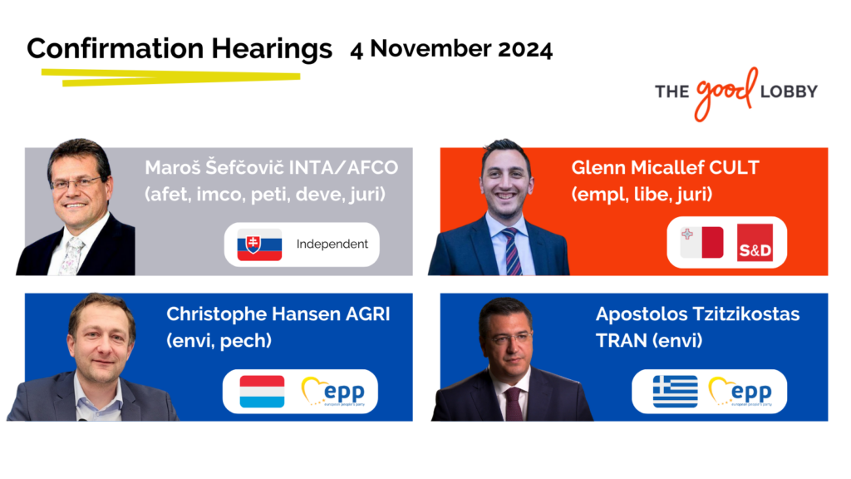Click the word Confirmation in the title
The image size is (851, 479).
point(115,48)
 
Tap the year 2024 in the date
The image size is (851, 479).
point(525,49)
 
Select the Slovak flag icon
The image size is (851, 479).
point(259,244)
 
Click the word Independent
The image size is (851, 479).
point(332,244)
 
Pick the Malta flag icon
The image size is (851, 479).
point(701,242)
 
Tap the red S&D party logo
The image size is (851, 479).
point(755,243)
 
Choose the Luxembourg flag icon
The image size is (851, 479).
point(262,391)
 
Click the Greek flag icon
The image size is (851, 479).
point(675,391)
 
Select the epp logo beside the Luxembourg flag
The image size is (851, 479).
point(333,392)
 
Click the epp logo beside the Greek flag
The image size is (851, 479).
point(740,392)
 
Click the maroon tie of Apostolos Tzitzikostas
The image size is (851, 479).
point(513,404)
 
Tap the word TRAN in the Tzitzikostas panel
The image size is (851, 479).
point(622,340)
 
